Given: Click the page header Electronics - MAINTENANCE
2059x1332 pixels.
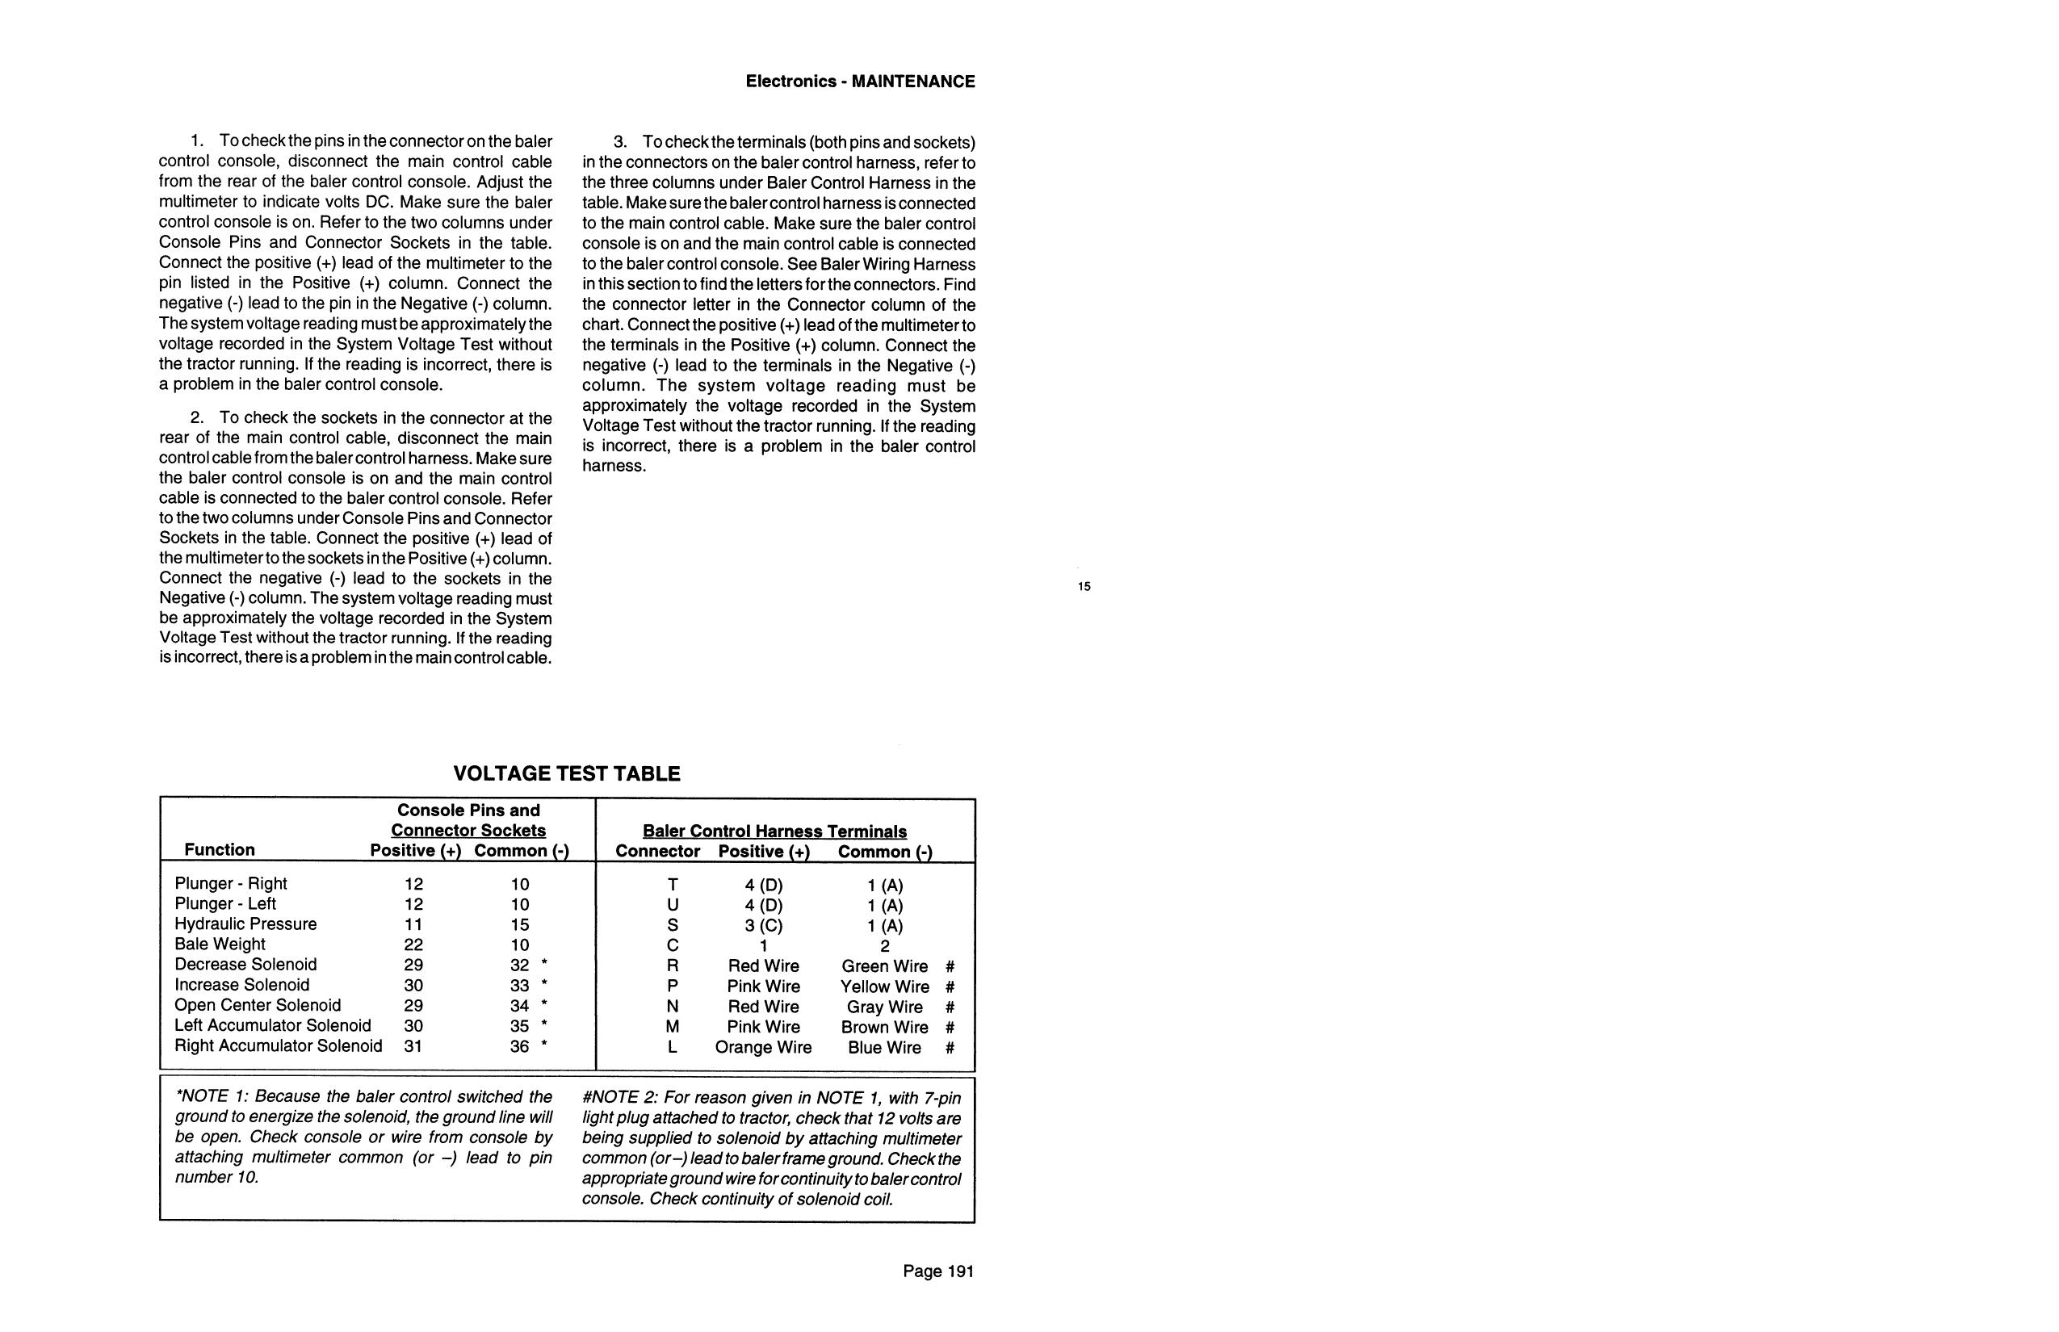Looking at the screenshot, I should pyautogui.click(x=860, y=82).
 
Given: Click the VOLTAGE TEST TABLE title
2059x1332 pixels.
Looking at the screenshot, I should pyautogui.click(x=567, y=773).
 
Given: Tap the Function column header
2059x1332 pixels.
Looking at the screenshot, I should pyautogui.click(x=219, y=849).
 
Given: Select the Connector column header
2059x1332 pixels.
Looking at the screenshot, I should pyautogui.click(x=657, y=851).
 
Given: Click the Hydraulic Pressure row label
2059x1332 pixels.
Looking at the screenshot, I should pyautogui.click(x=245, y=924).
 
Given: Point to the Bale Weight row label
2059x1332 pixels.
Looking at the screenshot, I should pyautogui.click(x=220, y=944).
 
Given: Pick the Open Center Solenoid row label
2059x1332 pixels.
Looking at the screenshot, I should pyautogui.click(x=258, y=1004).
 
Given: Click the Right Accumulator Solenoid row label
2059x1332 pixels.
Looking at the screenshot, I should pyautogui.click(x=278, y=1045).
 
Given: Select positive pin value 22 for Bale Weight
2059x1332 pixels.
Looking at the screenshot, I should pyautogui.click(x=413, y=945).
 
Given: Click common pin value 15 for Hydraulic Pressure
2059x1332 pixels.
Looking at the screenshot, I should pyautogui.click(x=519, y=924).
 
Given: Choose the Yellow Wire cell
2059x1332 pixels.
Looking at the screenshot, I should pyautogui.click(x=884, y=986).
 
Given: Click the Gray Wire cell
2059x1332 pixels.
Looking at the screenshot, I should pyautogui.click(x=884, y=1007).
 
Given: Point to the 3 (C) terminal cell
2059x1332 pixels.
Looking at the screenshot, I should pyautogui.click(x=763, y=925).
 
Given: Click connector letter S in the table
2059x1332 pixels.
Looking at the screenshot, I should pyautogui.click(x=672, y=925).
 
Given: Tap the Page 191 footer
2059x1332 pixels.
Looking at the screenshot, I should pyautogui.click(x=937, y=1271).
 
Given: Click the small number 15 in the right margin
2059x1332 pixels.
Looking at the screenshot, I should pyautogui.click(x=1084, y=586).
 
